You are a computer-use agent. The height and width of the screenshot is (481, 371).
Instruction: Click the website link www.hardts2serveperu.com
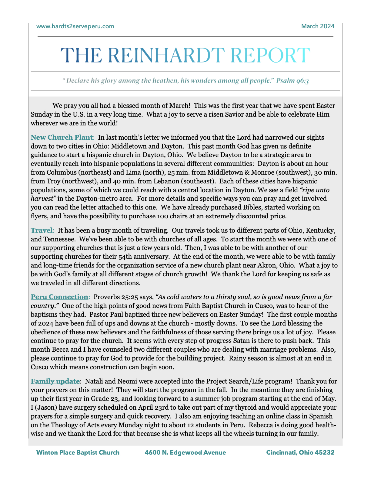[x=75, y=26]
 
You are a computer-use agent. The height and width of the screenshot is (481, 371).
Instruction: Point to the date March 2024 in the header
[x=318, y=26]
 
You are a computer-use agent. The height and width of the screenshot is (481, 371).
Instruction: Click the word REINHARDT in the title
[x=166, y=55]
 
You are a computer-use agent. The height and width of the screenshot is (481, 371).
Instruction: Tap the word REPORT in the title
[x=270, y=55]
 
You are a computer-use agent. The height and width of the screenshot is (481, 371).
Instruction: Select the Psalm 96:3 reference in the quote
[x=292, y=81]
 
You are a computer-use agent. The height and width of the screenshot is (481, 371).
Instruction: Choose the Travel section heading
[x=42, y=230]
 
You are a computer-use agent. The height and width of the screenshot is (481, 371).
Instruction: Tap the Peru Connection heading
[x=59, y=297]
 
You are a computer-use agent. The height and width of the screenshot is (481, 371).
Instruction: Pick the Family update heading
[x=55, y=381]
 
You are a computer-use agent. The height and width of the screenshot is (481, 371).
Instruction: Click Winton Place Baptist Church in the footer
[x=78, y=452]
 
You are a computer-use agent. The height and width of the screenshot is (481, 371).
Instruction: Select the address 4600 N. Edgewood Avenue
[x=185, y=452]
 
